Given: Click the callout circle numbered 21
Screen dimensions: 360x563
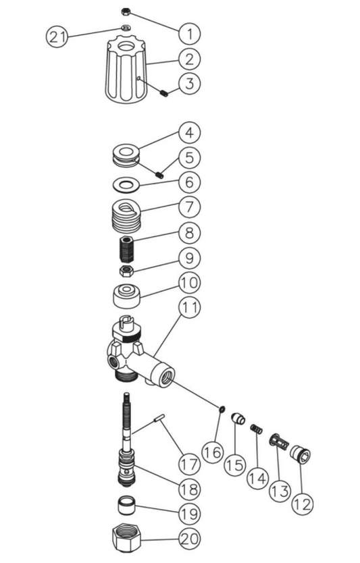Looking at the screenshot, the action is click(x=57, y=36).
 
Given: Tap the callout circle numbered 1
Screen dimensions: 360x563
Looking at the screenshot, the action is click(x=189, y=34).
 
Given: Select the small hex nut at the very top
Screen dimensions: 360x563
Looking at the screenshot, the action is click(x=126, y=12).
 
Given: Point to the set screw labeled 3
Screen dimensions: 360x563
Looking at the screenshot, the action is click(x=164, y=94).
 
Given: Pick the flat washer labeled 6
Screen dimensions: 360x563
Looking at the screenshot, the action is click(x=126, y=186).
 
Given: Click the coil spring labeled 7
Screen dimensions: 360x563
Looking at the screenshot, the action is click(x=126, y=215).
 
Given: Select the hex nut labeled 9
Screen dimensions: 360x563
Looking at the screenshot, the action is click(x=127, y=271).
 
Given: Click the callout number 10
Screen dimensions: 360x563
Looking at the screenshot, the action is click(x=189, y=283).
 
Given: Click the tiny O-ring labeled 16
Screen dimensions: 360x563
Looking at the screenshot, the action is click(x=222, y=409).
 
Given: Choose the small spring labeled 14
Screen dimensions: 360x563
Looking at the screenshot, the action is click(x=257, y=429).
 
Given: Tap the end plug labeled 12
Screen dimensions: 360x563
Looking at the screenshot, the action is click(x=300, y=454).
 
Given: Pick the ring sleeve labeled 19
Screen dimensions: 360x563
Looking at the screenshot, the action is click(x=127, y=505).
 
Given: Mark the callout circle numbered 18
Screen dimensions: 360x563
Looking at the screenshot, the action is click(x=189, y=489).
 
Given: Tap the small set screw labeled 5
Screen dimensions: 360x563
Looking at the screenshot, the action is click(x=159, y=175).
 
